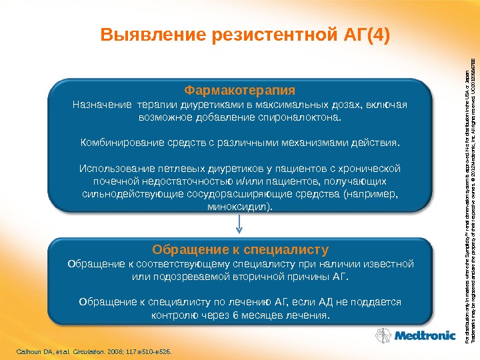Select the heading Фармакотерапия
pyautogui.click(x=239, y=90)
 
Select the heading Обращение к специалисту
pyautogui.click(x=240, y=250)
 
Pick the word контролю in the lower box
pyautogui.click(x=173, y=315)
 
